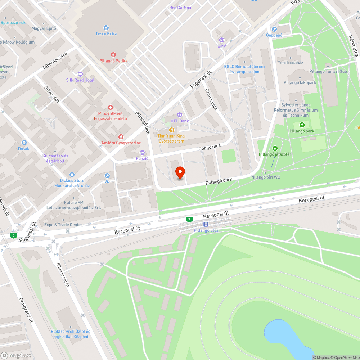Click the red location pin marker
(x=180, y=173)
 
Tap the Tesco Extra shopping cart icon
(x=106, y=27)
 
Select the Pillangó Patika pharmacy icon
(x=113, y=55)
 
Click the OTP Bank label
(x=180, y=121)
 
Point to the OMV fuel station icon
(x=221, y=40)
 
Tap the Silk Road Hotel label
(x=80, y=80)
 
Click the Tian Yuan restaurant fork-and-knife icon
(x=172, y=130)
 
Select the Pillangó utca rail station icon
(x=206, y=224)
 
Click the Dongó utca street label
(x=210, y=147)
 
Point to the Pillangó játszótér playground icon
(x=275, y=148)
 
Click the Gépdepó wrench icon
(x=274, y=29)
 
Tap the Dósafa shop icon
(x=24, y=143)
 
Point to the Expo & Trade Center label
(x=63, y=225)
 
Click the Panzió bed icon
(x=142, y=153)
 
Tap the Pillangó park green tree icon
(x=302, y=125)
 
